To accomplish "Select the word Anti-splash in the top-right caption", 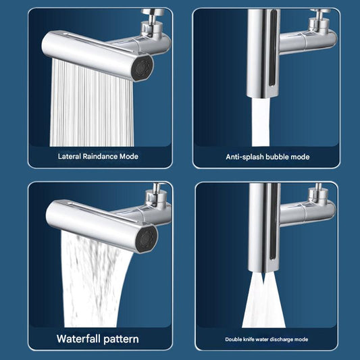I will tap(243, 157).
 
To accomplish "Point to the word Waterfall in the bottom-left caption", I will tap(82, 338).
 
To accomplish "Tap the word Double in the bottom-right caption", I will tap(236, 339).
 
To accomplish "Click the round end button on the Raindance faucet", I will tap(143, 70).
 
